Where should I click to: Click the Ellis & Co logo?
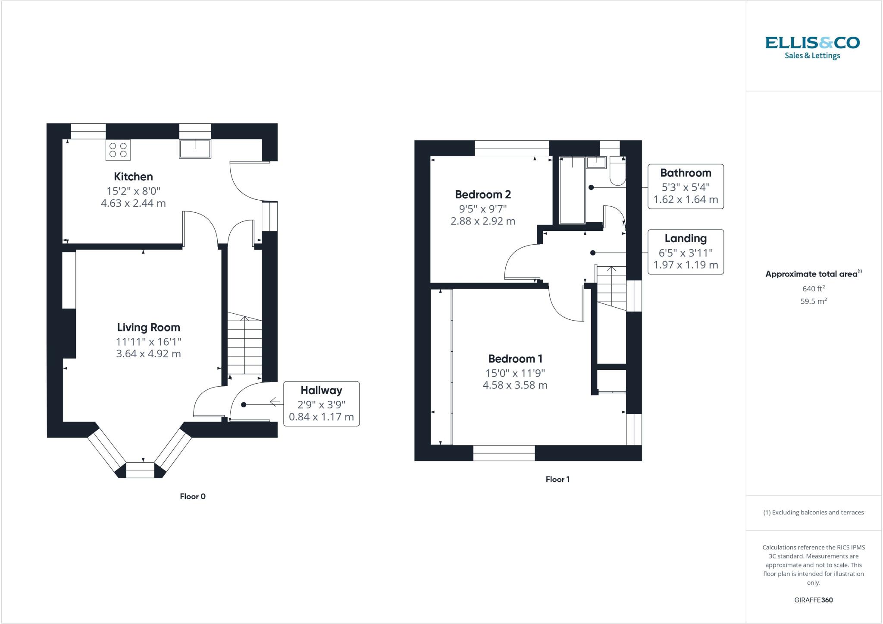click(812, 47)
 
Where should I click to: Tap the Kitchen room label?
click(133, 176)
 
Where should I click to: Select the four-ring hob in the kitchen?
click(118, 150)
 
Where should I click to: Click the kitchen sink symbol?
click(195, 148)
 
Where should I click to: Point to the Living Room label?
click(148, 328)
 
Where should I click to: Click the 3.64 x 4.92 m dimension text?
click(148, 354)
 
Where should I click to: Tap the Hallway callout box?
click(321, 404)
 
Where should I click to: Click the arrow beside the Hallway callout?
click(275, 402)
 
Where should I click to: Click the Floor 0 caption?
click(193, 496)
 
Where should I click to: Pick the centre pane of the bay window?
click(140, 470)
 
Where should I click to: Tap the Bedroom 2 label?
click(483, 195)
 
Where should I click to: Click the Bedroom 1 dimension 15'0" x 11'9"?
click(515, 373)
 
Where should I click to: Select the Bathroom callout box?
click(686, 186)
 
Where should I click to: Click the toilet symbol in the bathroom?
click(618, 175)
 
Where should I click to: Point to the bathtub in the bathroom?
click(572, 190)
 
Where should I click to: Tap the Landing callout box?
click(686, 252)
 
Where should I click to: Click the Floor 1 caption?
click(557, 479)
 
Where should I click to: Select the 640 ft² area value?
click(813, 289)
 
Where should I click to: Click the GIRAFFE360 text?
click(813, 600)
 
